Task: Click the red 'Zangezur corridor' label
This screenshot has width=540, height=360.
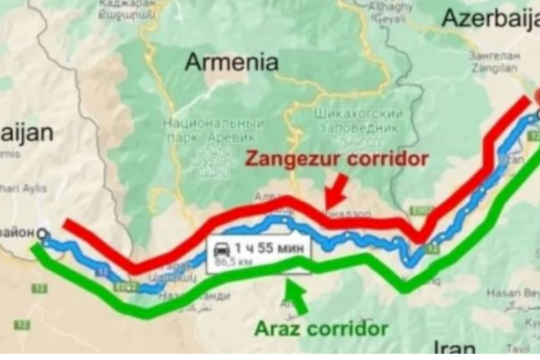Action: [337, 158]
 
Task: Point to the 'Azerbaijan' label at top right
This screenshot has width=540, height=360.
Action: [491, 18]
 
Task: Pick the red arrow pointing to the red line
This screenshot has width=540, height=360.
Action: [338, 192]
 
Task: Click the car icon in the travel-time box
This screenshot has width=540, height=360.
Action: [223, 249]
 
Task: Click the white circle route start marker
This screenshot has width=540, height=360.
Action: [43, 235]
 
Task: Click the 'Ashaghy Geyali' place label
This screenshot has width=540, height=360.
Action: [392, 13]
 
